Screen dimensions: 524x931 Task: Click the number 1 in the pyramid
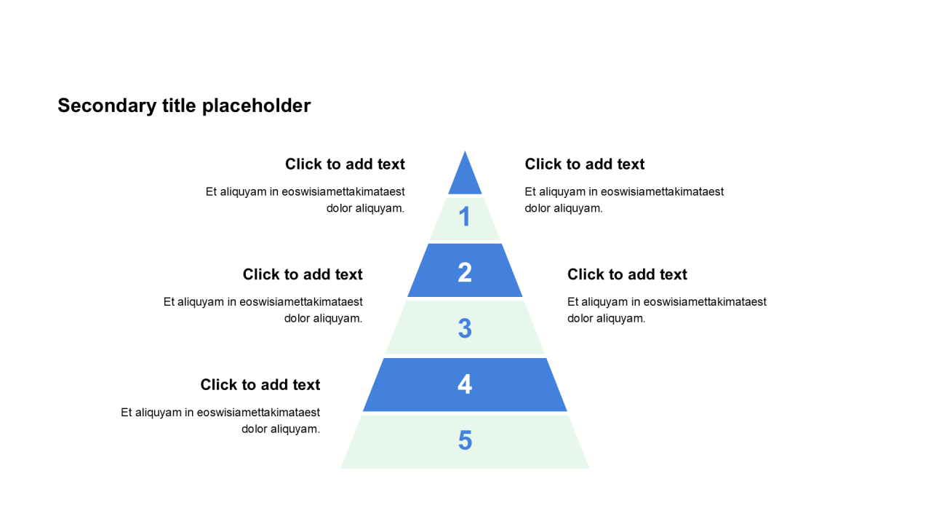click(465, 217)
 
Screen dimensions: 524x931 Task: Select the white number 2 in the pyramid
click(465, 273)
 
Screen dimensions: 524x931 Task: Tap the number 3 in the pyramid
click(465, 328)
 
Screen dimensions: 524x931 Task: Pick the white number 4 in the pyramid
click(465, 384)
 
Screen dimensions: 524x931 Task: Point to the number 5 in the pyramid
click(465, 440)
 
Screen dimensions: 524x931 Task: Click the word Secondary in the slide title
click(96, 106)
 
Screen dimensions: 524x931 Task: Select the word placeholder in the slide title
click(256, 106)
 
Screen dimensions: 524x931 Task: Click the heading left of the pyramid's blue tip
click(345, 164)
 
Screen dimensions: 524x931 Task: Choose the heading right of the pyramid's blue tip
click(585, 164)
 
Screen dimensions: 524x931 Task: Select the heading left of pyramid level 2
click(303, 274)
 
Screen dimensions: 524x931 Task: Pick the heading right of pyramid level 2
click(627, 274)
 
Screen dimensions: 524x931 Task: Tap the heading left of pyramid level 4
click(260, 385)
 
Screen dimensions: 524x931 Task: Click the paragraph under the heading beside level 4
click(221, 421)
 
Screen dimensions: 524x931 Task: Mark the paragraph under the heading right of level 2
click(666, 310)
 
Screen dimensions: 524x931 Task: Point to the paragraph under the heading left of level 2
click(263, 310)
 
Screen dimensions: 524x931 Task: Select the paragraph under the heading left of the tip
click(305, 200)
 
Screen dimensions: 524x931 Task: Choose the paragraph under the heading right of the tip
click(624, 200)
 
